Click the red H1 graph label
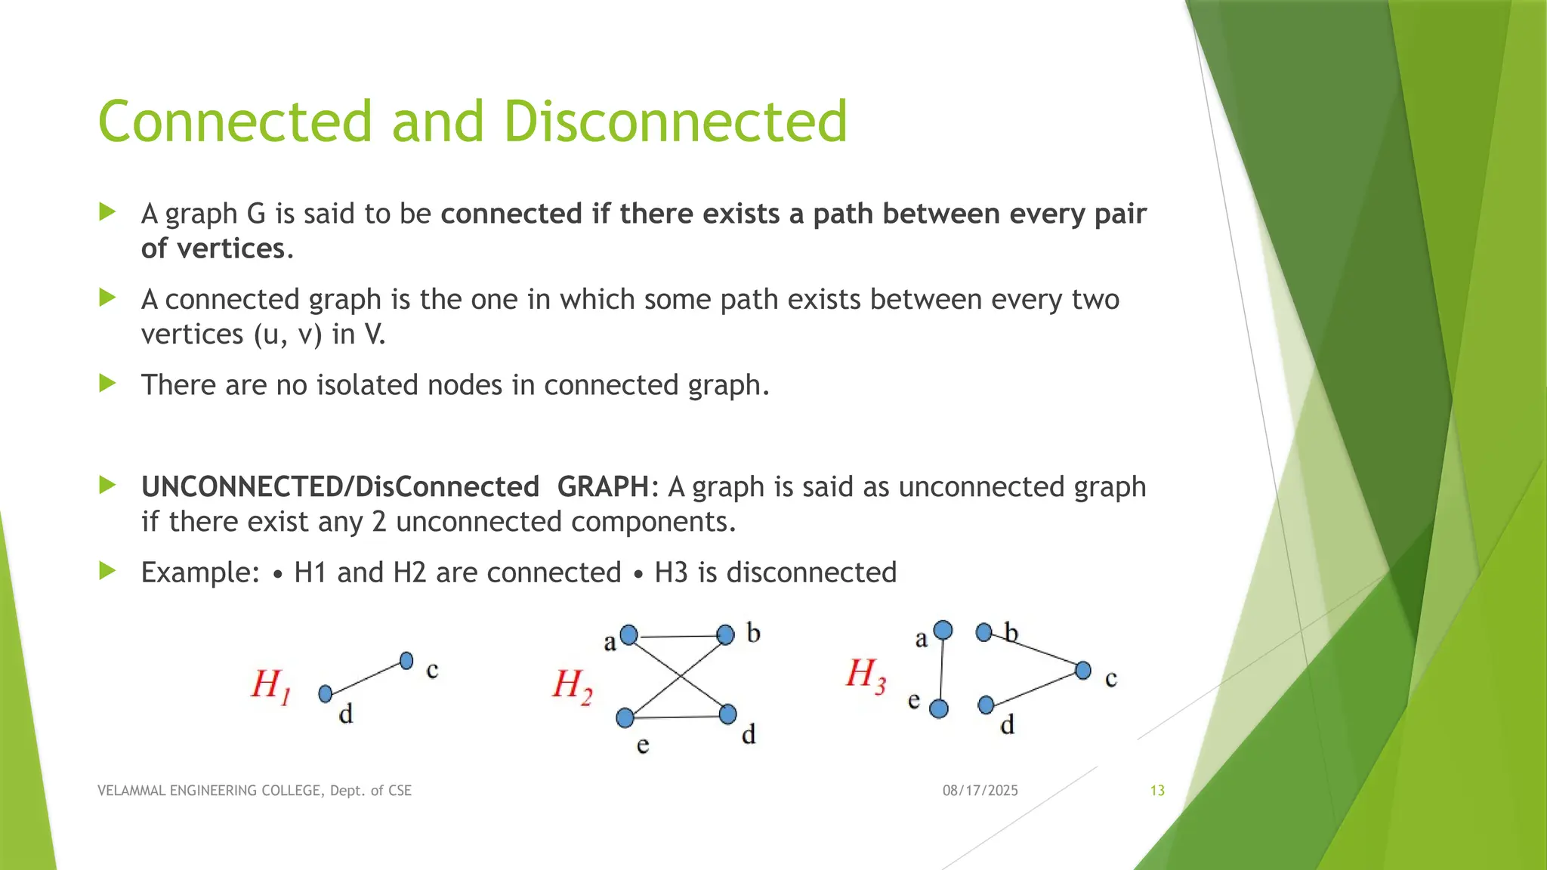click(x=270, y=686)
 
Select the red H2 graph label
click(x=572, y=686)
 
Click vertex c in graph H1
click(x=406, y=661)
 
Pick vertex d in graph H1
click(x=326, y=693)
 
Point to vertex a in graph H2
click(x=628, y=635)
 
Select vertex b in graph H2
click(x=725, y=634)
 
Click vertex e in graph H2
click(x=625, y=717)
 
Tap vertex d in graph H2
click(x=728, y=714)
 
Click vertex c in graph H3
click(x=1083, y=670)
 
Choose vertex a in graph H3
click(x=943, y=630)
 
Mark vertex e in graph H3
click(x=939, y=709)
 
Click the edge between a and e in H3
click(x=941, y=670)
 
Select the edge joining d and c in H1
click(x=366, y=677)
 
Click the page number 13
click(x=1157, y=791)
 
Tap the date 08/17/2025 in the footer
click(x=980, y=791)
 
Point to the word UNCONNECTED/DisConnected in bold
click(x=340, y=487)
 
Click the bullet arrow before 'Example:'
click(x=107, y=571)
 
